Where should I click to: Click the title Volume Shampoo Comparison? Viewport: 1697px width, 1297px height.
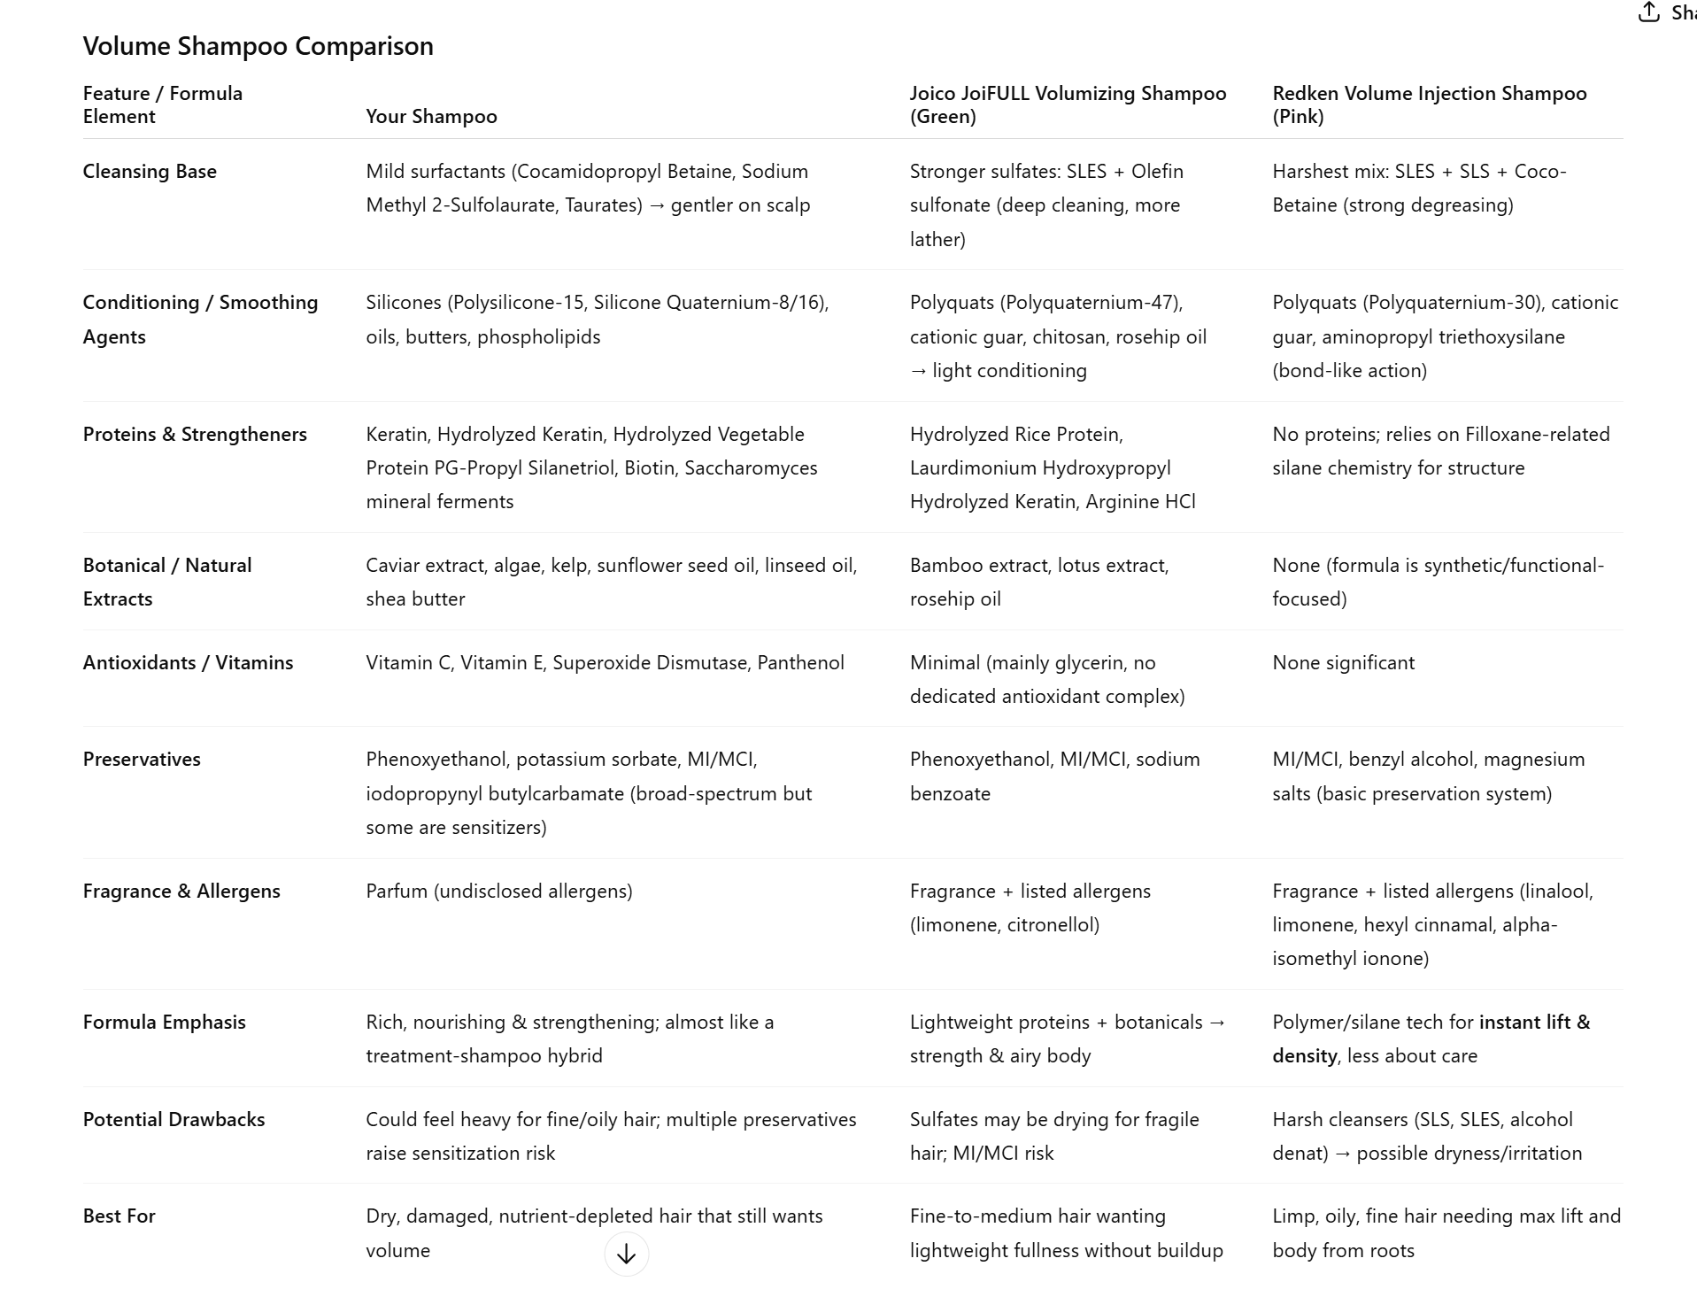pyautogui.click(x=258, y=46)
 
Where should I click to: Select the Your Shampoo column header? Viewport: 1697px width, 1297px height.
pyautogui.click(x=431, y=117)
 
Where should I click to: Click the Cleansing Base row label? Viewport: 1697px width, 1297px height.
pyautogui.click(x=150, y=172)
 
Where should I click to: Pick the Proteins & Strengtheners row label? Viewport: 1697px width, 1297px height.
pyautogui.click(x=195, y=435)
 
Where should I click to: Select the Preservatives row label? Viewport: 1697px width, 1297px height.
pyautogui.click(x=142, y=760)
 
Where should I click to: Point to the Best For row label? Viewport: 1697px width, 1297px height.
pyautogui.click(x=119, y=1216)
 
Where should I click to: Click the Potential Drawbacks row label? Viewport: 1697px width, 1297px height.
pyautogui.click(x=174, y=1120)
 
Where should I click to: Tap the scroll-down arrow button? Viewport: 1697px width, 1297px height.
pyautogui.click(x=626, y=1255)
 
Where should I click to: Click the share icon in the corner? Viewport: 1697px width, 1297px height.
pyautogui.click(x=1648, y=12)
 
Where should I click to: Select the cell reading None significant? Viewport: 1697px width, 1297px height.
pyautogui.click(x=1343, y=663)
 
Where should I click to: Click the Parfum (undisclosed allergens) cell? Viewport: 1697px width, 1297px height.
pyautogui.click(x=499, y=892)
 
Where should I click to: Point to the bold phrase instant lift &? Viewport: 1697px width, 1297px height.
pyautogui.click(x=1534, y=1023)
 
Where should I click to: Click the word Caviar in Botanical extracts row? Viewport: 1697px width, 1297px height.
pyautogui.click(x=392, y=566)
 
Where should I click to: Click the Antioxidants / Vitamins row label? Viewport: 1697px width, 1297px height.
pyautogui.click(x=188, y=663)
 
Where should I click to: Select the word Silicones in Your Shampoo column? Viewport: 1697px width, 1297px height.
pyautogui.click(x=404, y=303)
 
